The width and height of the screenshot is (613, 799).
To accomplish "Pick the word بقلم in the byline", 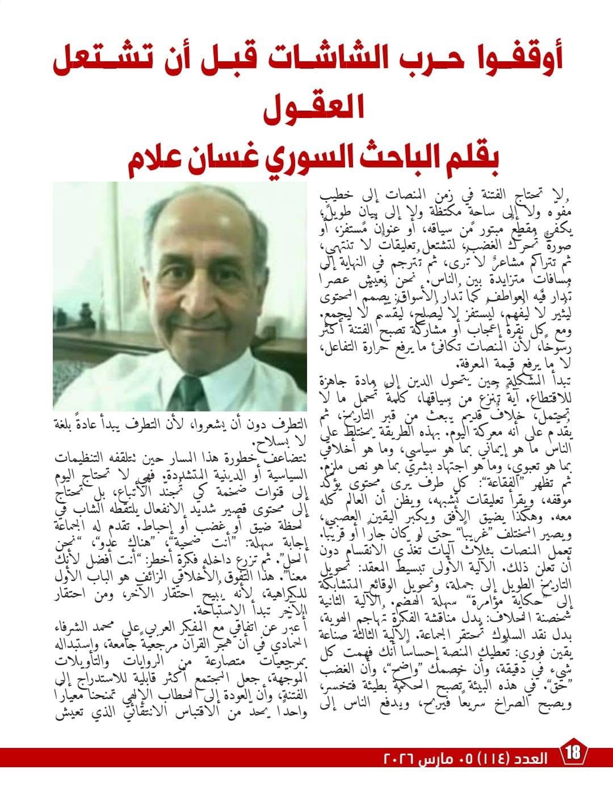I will tap(471, 161).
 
